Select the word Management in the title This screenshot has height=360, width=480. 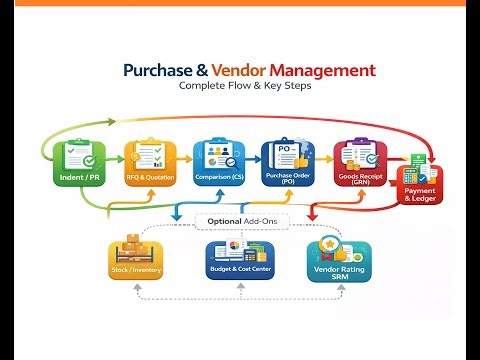point(322,71)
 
